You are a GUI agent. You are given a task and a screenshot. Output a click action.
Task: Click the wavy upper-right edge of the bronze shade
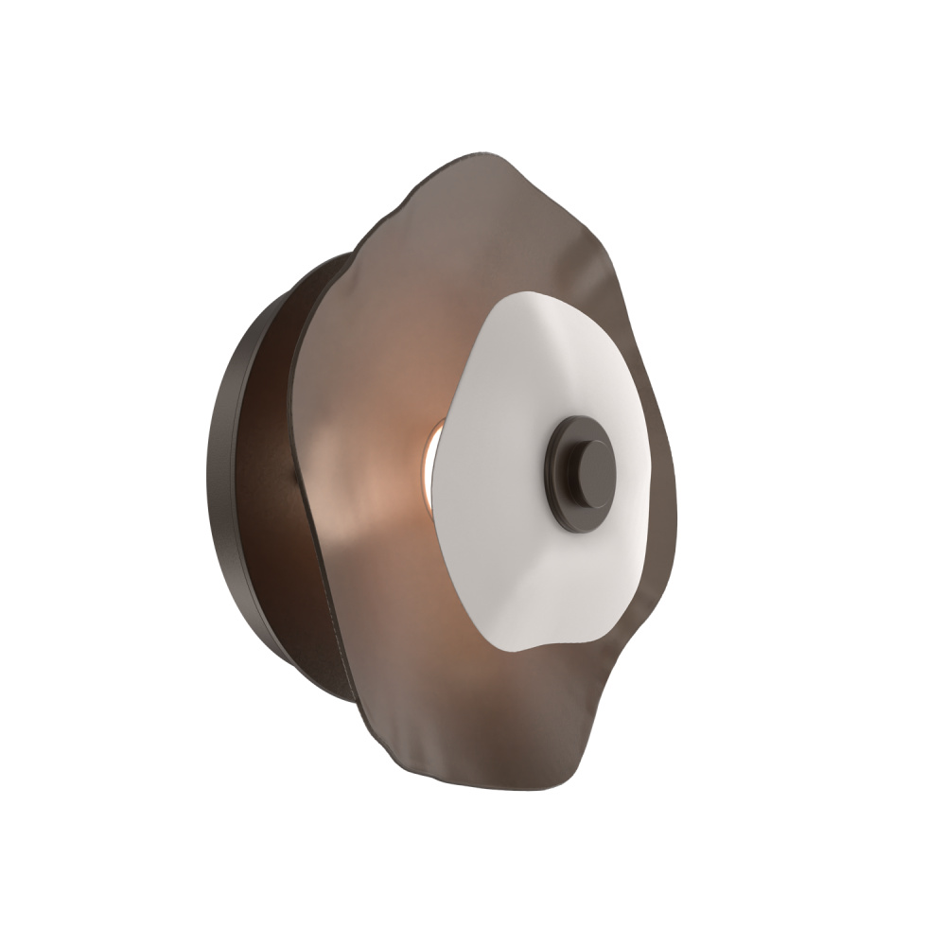(605, 255)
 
